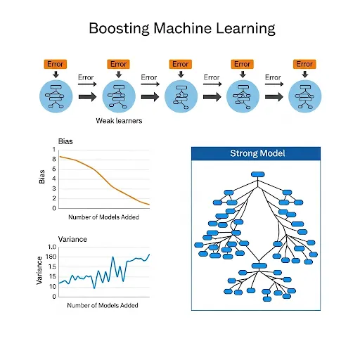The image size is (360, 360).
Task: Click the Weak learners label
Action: point(119,120)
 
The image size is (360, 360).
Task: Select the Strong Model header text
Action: point(257,153)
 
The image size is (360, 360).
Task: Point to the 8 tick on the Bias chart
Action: point(53,159)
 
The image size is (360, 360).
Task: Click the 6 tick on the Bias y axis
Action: point(53,169)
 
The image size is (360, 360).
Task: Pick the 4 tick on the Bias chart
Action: point(53,179)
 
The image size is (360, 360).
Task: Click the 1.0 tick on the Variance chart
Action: point(51,247)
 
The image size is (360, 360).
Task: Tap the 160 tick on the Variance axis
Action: point(51,257)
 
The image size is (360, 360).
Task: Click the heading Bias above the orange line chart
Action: point(65,141)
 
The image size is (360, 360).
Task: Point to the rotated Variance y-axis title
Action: point(39,271)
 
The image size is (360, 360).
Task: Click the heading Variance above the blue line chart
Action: point(72,239)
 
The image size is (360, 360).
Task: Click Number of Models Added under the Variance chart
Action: point(103,305)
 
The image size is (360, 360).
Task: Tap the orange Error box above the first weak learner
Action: point(54,64)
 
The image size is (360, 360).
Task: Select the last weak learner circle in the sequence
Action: point(304,95)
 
